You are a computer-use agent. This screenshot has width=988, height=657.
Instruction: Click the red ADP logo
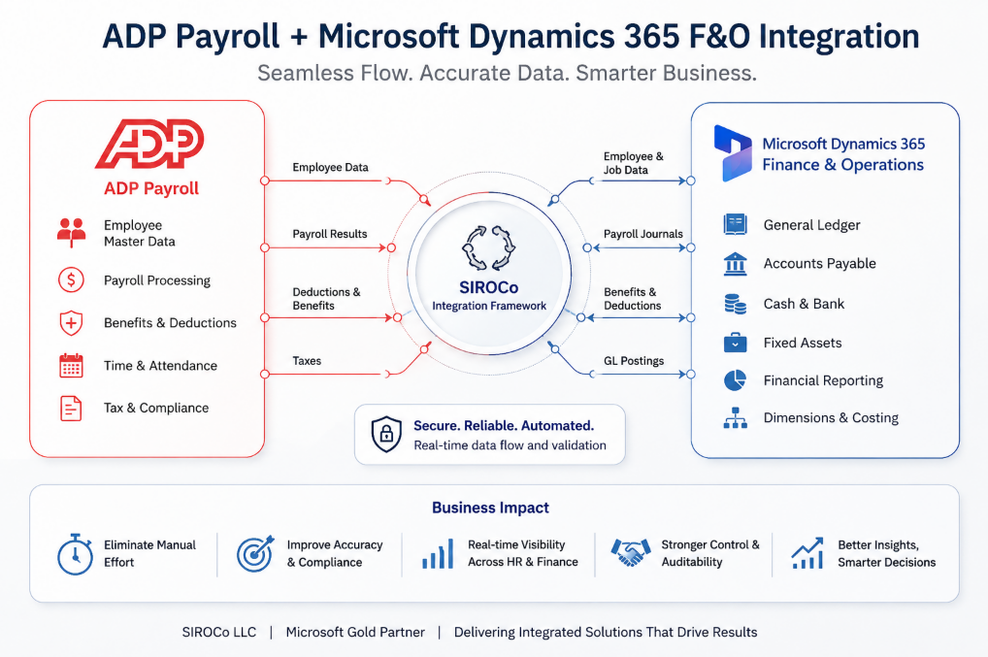click(x=149, y=145)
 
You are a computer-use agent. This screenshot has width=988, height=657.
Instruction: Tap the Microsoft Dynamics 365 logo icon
click(x=732, y=153)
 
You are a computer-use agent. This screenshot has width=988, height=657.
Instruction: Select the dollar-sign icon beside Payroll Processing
click(x=71, y=279)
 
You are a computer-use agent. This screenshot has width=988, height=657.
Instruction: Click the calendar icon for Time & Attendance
click(x=71, y=365)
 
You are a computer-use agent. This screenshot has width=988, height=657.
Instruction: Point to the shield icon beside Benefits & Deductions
click(x=71, y=322)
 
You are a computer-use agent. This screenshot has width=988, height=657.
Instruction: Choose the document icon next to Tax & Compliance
click(x=71, y=409)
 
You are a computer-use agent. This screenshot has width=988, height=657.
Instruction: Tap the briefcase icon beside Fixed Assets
click(x=735, y=343)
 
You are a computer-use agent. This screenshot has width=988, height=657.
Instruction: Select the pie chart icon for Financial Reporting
click(x=735, y=380)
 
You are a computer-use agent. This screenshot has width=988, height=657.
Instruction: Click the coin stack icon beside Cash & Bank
click(x=735, y=304)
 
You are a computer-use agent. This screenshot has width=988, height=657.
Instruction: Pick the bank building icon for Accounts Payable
click(x=735, y=264)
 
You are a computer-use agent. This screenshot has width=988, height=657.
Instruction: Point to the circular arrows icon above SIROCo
click(x=489, y=247)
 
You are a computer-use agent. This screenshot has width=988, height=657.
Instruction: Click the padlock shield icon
click(x=386, y=434)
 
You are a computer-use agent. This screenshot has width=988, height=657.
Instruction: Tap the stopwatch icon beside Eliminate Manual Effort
click(x=75, y=554)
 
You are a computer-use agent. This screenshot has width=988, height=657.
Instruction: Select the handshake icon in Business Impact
click(x=630, y=552)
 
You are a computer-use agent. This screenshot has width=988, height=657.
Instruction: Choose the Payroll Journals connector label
click(x=642, y=234)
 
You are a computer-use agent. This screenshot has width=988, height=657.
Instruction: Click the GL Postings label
click(x=633, y=361)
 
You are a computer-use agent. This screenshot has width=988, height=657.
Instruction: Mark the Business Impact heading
click(x=490, y=508)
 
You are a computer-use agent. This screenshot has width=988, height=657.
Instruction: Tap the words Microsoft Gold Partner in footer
click(x=355, y=632)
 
